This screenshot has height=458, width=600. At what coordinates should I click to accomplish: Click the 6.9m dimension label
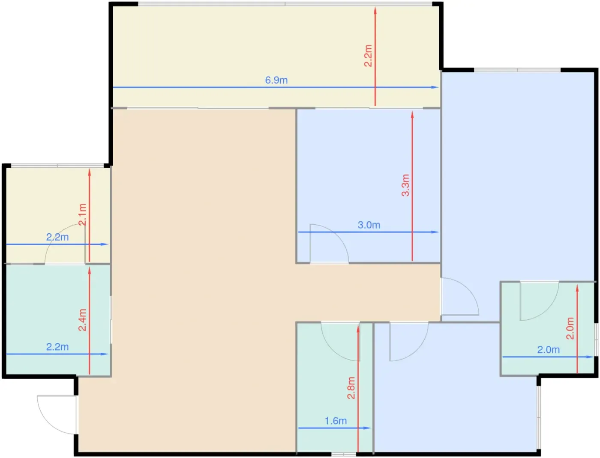[x=276, y=80]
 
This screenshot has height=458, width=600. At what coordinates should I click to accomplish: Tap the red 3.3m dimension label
[x=406, y=185]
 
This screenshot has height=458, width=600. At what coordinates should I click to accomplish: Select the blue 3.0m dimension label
[x=369, y=225]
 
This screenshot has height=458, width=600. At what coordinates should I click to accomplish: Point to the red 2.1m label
[x=82, y=214]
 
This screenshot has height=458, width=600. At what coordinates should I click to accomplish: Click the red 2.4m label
[x=82, y=320]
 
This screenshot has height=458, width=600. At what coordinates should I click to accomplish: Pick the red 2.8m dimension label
[x=351, y=388]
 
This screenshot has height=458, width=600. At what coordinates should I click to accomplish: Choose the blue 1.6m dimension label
[x=336, y=421]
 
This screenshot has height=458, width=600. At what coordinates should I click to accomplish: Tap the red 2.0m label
[x=570, y=328]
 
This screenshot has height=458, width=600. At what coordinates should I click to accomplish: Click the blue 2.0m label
[x=548, y=350]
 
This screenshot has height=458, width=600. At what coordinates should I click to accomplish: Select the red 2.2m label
[x=368, y=56]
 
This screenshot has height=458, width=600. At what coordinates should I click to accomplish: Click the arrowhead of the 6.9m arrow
[x=435, y=87]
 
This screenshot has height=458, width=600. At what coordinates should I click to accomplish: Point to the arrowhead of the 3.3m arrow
[x=412, y=115]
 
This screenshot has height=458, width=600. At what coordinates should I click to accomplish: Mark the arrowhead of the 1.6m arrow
[x=367, y=428]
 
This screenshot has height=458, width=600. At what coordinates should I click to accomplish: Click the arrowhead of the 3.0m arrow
[x=435, y=232]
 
